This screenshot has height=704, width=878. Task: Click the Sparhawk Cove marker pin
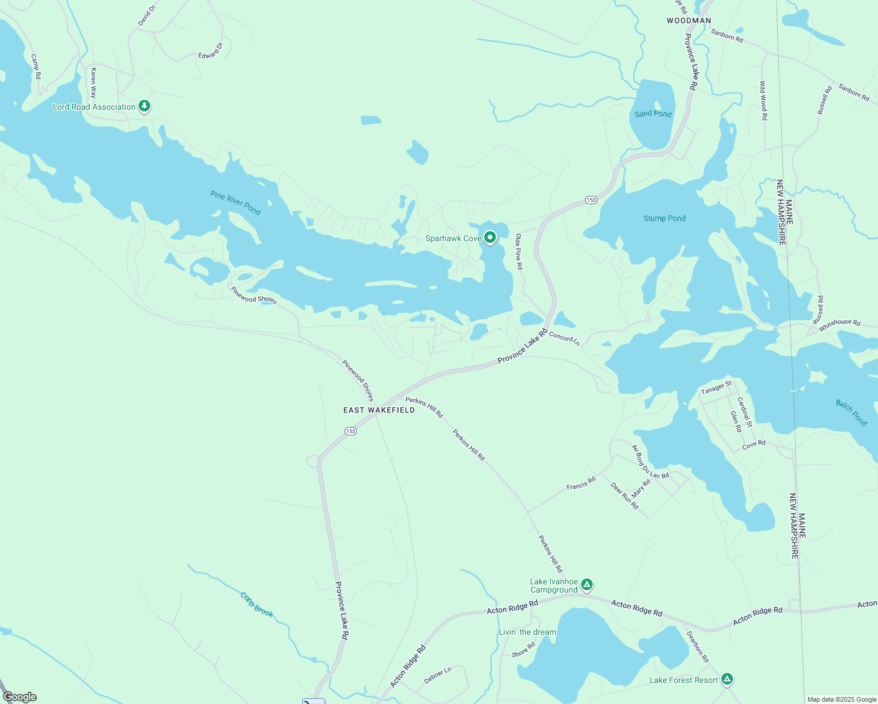point(490,238)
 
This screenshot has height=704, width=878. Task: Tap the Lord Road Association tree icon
point(144,106)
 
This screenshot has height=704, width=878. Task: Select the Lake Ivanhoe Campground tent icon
point(587,584)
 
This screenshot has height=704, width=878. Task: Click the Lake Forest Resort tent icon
point(727,679)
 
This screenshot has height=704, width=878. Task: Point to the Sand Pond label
point(653,113)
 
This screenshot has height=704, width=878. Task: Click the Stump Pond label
point(664,218)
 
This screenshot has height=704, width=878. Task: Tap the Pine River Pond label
point(235,202)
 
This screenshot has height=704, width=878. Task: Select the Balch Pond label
point(852,412)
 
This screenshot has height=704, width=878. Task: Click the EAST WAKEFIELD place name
point(379,410)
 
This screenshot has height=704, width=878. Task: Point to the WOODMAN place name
point(689,21)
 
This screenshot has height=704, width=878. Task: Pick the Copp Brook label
point(257,604)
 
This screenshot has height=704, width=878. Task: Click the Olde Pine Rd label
point(519,251)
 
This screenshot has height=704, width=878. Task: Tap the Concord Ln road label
point(564,339)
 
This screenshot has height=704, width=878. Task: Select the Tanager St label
point(717,388)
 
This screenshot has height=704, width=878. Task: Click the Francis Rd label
point(581,483)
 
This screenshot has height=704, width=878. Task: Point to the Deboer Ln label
point(438,675)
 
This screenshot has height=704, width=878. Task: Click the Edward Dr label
point(211,50)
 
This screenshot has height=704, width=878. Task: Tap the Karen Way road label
point(93,83)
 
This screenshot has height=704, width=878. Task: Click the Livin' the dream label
point(528,632)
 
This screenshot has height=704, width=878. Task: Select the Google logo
point(20,697)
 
